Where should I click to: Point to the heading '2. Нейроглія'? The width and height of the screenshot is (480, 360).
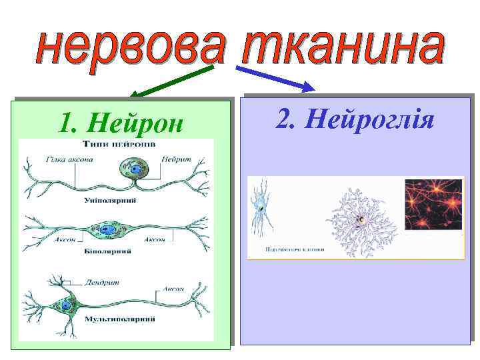tap(355, 120)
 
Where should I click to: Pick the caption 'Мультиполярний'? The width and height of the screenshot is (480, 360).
tap(120, 319)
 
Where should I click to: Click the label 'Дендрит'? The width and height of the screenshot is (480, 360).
tap(102, 282)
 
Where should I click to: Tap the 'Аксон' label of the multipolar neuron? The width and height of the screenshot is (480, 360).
tap(172, 290)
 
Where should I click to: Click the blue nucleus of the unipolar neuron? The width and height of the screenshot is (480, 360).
tap(135, 171)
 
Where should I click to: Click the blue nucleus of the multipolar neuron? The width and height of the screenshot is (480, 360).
tap(66, 305)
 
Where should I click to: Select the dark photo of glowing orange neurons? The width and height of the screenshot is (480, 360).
tap(434, 203)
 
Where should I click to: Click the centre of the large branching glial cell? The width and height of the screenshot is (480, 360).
tap(360, 218)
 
